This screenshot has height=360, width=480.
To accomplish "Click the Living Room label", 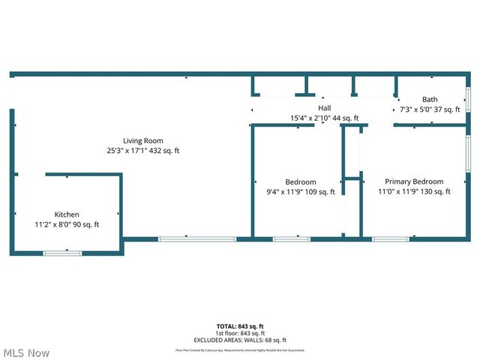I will point(143,141).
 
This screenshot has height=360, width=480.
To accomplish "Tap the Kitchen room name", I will point(67,214).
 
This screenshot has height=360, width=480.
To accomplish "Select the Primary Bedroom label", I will point(414,181).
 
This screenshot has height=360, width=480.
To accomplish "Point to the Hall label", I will point(324,108).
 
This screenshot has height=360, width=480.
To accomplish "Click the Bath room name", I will point(430,99).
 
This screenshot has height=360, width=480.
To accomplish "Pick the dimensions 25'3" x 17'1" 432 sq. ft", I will point(143,151).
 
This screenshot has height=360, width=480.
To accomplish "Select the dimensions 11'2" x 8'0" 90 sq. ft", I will point(67,224).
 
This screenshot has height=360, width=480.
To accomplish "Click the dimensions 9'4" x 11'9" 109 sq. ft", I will point(301,192).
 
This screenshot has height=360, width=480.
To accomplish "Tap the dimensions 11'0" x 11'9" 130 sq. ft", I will point(414,192).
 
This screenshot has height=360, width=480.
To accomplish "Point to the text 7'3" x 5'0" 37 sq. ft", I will point(430,109).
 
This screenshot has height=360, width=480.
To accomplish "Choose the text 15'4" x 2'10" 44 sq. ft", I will point(325,118).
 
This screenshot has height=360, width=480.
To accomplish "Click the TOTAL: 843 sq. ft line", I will point(240,326).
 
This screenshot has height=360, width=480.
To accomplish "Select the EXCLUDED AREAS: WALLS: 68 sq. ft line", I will point(240,340).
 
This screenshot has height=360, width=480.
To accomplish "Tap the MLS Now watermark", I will point(26,352).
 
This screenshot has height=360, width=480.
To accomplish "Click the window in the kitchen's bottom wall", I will point(62,253).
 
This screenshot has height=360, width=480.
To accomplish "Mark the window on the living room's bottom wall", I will point(196,239).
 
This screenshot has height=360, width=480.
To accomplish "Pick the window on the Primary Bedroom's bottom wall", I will point(391,239).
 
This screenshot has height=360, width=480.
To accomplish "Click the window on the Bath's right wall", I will point(468,100).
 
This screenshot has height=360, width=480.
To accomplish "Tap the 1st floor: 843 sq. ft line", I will point(240,333).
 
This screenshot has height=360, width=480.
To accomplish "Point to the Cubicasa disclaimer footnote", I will point(240,349).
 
